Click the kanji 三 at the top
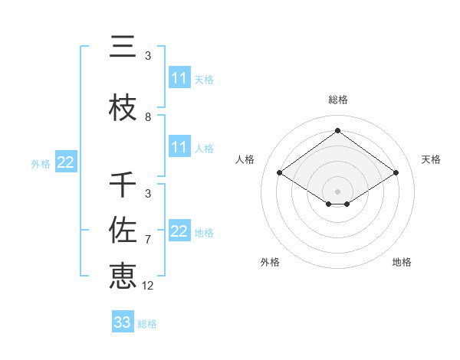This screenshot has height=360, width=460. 123,47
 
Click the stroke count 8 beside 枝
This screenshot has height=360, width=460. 148,117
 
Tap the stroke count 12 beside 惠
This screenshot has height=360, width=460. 148,286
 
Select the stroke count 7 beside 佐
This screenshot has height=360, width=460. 148,240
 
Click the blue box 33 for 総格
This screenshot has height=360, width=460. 123,322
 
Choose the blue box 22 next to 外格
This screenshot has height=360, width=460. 65,162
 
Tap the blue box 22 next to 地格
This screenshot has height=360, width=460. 179,231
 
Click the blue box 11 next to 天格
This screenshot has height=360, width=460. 179,78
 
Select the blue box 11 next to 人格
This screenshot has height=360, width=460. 179,147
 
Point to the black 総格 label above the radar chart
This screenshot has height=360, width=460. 338,100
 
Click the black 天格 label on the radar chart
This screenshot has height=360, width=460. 431,159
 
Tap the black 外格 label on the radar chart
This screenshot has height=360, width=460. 270,262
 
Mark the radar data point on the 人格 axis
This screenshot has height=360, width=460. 280,173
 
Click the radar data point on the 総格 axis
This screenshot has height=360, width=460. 337,130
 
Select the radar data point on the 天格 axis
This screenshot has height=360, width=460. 396,173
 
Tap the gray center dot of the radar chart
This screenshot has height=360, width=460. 337,191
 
